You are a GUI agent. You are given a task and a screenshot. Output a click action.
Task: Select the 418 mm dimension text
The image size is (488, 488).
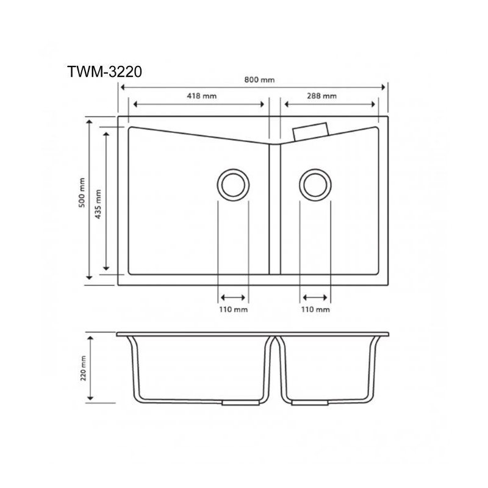[x=202, y=96]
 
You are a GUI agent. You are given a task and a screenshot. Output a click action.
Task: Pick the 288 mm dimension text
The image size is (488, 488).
[x=322, y=96]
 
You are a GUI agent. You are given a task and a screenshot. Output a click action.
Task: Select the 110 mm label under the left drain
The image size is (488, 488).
[x=233, y=310]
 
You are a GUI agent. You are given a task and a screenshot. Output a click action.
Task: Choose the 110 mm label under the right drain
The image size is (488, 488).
[x=315, y=310]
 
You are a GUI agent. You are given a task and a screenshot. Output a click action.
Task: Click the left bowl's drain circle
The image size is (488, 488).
[x=232, y=184]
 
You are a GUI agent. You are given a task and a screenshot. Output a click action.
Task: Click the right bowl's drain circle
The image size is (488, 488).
[x=315, y=184]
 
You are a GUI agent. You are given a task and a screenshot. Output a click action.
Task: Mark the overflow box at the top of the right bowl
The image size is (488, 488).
[x=311, y=131]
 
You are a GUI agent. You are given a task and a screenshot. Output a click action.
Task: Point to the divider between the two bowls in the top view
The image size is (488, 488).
[x=274, y=207]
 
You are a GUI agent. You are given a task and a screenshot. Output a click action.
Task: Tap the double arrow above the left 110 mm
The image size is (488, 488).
[x=233, y=298]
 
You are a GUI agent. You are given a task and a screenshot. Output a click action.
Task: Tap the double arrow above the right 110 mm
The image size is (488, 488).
[x=315, y=298]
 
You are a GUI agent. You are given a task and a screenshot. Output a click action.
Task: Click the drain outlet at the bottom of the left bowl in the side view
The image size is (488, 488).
[x=233, y=403]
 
